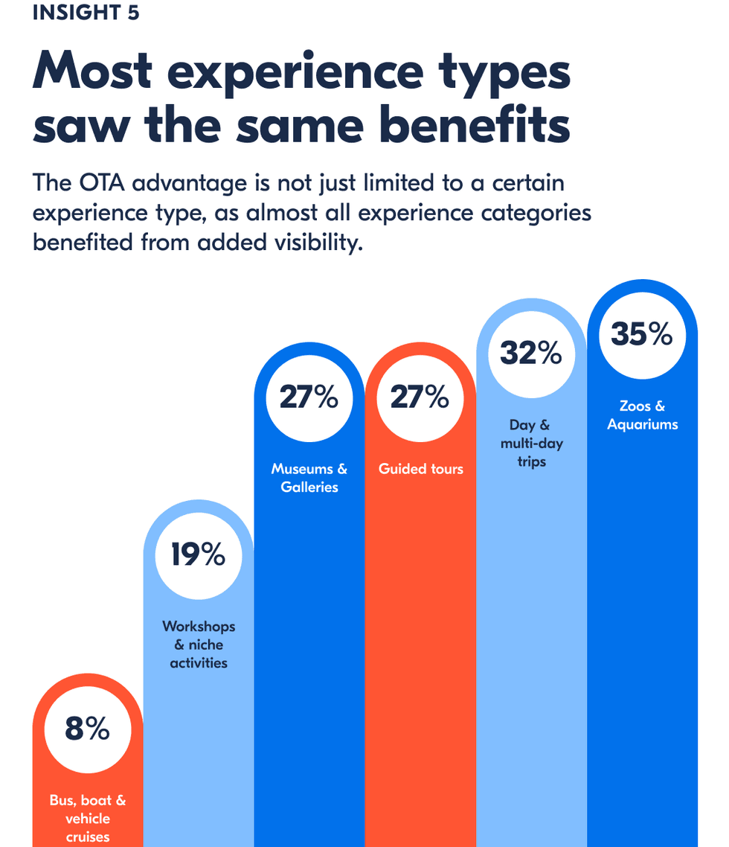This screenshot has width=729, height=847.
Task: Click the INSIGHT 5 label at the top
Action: tap(86, 13)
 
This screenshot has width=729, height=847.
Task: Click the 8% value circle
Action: tap(87, 729)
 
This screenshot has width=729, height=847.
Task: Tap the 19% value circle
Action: tap(198, 555)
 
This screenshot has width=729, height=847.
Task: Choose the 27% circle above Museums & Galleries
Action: tap(309, 398)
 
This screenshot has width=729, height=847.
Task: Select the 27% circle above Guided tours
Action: tap(420, 398)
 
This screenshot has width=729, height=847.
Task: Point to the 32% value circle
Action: tap(530, 354)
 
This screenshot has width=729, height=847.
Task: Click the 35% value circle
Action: tap(642, 335)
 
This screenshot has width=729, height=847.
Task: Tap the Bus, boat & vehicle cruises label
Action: tap(87, 818)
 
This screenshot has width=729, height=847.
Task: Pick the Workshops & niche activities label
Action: tap(198, 645)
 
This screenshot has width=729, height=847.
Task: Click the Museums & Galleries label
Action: tap(309, 478)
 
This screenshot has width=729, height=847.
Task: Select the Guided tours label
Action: tap(420, 469)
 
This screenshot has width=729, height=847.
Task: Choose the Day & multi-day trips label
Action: tap(531, 443)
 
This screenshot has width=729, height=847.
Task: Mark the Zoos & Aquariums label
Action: tap(642, 415)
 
